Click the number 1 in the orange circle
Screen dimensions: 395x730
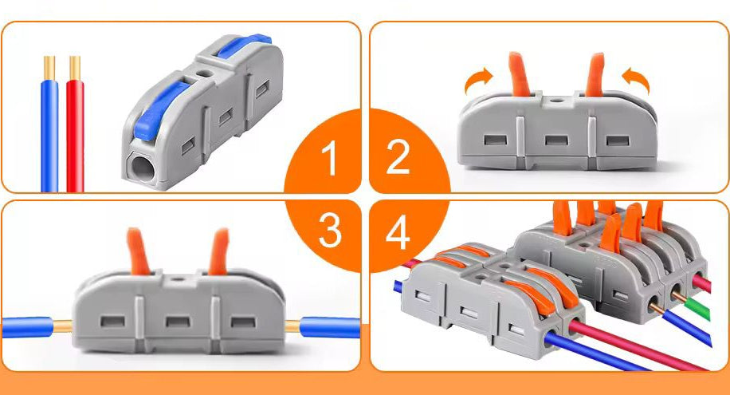click(330, 160)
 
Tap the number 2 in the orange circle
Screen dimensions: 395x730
click(397, 160)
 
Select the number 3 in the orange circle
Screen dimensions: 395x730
click(330, 231)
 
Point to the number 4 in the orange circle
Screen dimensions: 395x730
click(398, 231)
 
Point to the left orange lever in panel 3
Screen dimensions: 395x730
click(137, 251)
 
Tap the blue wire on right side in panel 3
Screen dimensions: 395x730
click(332, 327)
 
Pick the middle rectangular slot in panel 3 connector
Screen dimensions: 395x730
click(175, 322)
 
